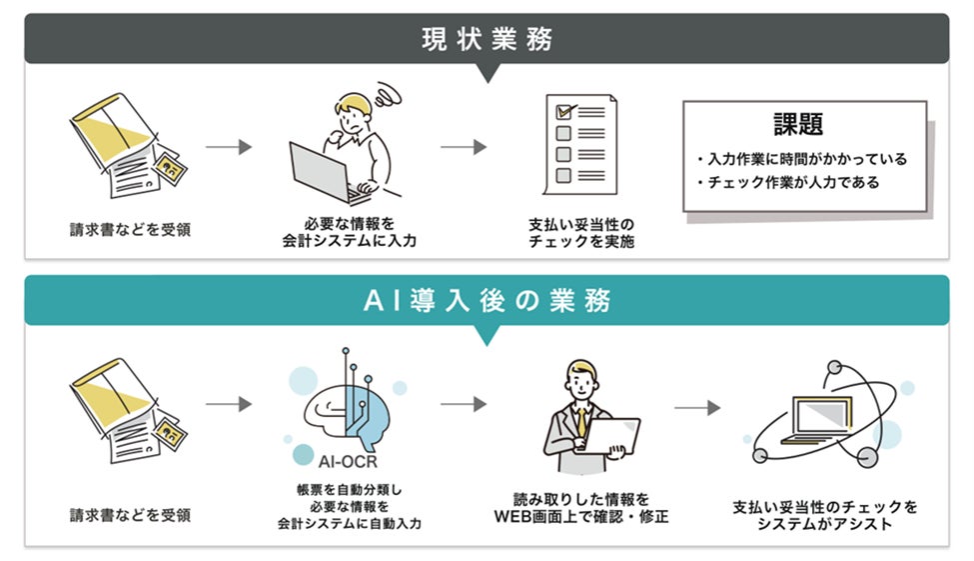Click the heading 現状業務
(x=487, y=39)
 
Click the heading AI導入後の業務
(x=487, y=300)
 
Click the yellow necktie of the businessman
(x=578, y=420)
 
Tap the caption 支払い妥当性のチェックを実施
(x=581, y=233)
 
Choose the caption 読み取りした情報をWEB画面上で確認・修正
(x=581, y=507)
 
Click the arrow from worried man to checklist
(x=464, y=147)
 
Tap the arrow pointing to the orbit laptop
(x=697, y=408)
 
